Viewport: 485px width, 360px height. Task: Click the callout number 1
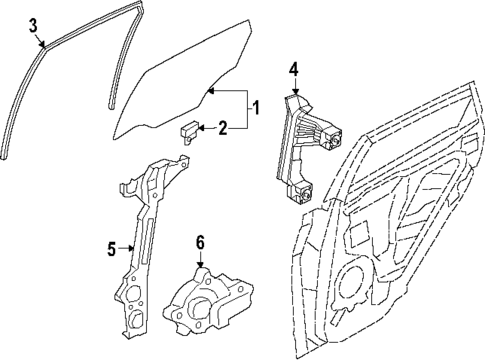pyautogui.click(x=256, y=107)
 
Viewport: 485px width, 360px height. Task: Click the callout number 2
pyautogui.click(x=223, y=127)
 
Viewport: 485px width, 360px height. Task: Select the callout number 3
pyautogui.click(x=33, y=25)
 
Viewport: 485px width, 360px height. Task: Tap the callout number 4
pyautogui.click(x=294, y=69)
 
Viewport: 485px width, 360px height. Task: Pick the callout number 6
pyautogui.click(x=199, y=241)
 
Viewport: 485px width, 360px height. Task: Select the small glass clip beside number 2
pyautogui.click(x=189, y=131)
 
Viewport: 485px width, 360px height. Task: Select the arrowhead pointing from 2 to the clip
pyautogui.click(x=201, y=127)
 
